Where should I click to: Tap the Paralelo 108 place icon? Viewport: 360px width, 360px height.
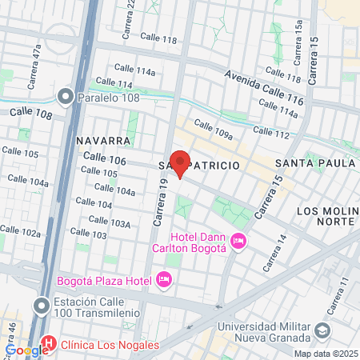[x=66, y=98]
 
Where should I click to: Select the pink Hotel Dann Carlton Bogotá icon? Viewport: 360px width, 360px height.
[x=238, y=241]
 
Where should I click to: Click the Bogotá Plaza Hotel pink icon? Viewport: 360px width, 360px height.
[x=165, y=279]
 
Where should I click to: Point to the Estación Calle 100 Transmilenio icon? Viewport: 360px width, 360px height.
[x=41, y=305]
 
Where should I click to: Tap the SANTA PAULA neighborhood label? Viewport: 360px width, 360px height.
[x=314, y=163]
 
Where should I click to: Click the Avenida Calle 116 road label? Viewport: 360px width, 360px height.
[x=265, y=89]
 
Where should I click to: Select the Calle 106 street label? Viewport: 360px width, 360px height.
[x=105, y=161]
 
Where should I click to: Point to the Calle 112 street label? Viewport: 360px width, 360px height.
[x=270, y=134]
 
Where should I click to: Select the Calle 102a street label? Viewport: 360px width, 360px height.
[x=20, y=233]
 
